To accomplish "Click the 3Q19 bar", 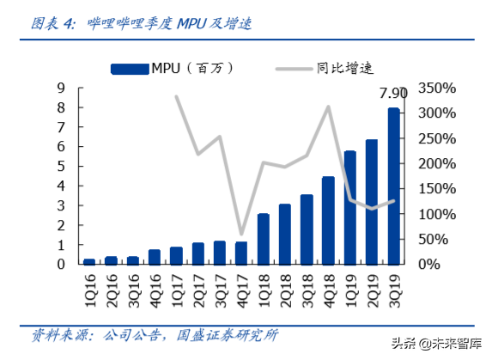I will coord(393,186).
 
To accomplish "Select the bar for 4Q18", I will coord(328,220).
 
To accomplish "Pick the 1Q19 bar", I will coord(350,207).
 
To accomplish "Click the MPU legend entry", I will coord(172,67).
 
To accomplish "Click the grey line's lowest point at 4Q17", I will coord(241,234).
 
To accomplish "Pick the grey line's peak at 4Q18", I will coord(328,107).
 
